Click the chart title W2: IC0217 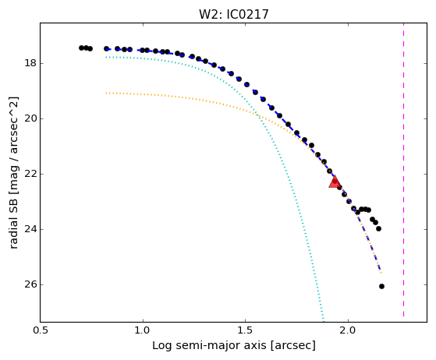[x=234, y=15]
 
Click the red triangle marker [x=335, y=182]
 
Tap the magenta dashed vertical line [x=403, y=170]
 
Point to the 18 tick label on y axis [x=30, y=63]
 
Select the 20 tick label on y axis [x=30, y=118]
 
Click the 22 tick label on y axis [x=30, y=174]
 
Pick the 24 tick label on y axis [x=30, y=229]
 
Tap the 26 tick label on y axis [x=30, y=284]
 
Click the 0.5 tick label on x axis [x=41, y=330]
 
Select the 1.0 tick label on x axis [x=143, y=330]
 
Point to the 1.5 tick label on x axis [x=245, y=330]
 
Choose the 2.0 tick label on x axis [x=348, y=330]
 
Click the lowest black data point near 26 [x=381, y=287]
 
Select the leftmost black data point [x=81, y=48]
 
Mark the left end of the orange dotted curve [x=106, y=93]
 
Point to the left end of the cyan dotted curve [x=106, y=57]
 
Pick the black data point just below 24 [x=378, y=228]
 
